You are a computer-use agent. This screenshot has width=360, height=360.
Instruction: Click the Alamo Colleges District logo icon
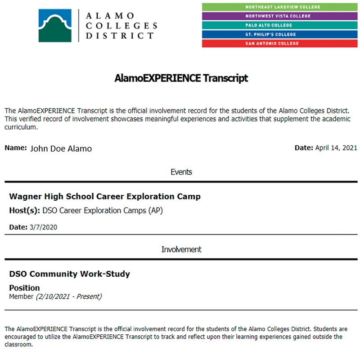point(54,25)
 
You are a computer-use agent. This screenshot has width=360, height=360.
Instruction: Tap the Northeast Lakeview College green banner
point(279,7)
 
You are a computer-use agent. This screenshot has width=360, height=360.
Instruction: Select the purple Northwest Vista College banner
point(279,16)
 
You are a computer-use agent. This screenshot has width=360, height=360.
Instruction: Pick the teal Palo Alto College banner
point(279,25)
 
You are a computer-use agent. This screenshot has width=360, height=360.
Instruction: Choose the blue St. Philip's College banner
point(279,34)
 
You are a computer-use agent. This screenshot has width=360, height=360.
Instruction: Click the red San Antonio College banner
point(279,44)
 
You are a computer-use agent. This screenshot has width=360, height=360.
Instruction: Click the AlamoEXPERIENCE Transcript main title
point(181,78)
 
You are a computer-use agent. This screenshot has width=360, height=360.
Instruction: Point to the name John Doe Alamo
point(61,148)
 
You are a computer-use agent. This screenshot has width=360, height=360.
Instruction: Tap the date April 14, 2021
point(336,148)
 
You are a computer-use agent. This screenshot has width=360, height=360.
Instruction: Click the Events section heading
point(181,172)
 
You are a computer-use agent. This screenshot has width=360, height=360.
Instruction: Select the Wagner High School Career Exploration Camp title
point(105,197)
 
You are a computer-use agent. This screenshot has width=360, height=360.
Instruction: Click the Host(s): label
point(25,211)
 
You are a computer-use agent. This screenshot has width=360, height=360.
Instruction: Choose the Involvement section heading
point(181,249)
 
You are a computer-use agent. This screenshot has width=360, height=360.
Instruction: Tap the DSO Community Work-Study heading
point(69,274)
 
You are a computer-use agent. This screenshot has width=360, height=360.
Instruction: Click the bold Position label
point(24,288)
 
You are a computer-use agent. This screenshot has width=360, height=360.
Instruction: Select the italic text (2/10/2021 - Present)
point(69,297)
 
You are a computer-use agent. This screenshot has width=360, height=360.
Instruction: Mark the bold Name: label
point(16,148)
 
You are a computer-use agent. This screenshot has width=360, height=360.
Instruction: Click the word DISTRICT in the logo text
point(119,35)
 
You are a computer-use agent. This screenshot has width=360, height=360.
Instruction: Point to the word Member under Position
point(21,297)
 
